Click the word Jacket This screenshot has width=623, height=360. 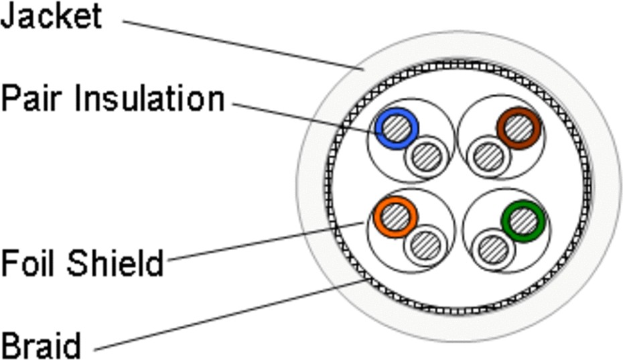[x=51, y=16]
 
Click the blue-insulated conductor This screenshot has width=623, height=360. [x=397, y=127]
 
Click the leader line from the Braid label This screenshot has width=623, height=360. [x=228, y=315]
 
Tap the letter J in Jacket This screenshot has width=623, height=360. [x=9, y=16]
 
